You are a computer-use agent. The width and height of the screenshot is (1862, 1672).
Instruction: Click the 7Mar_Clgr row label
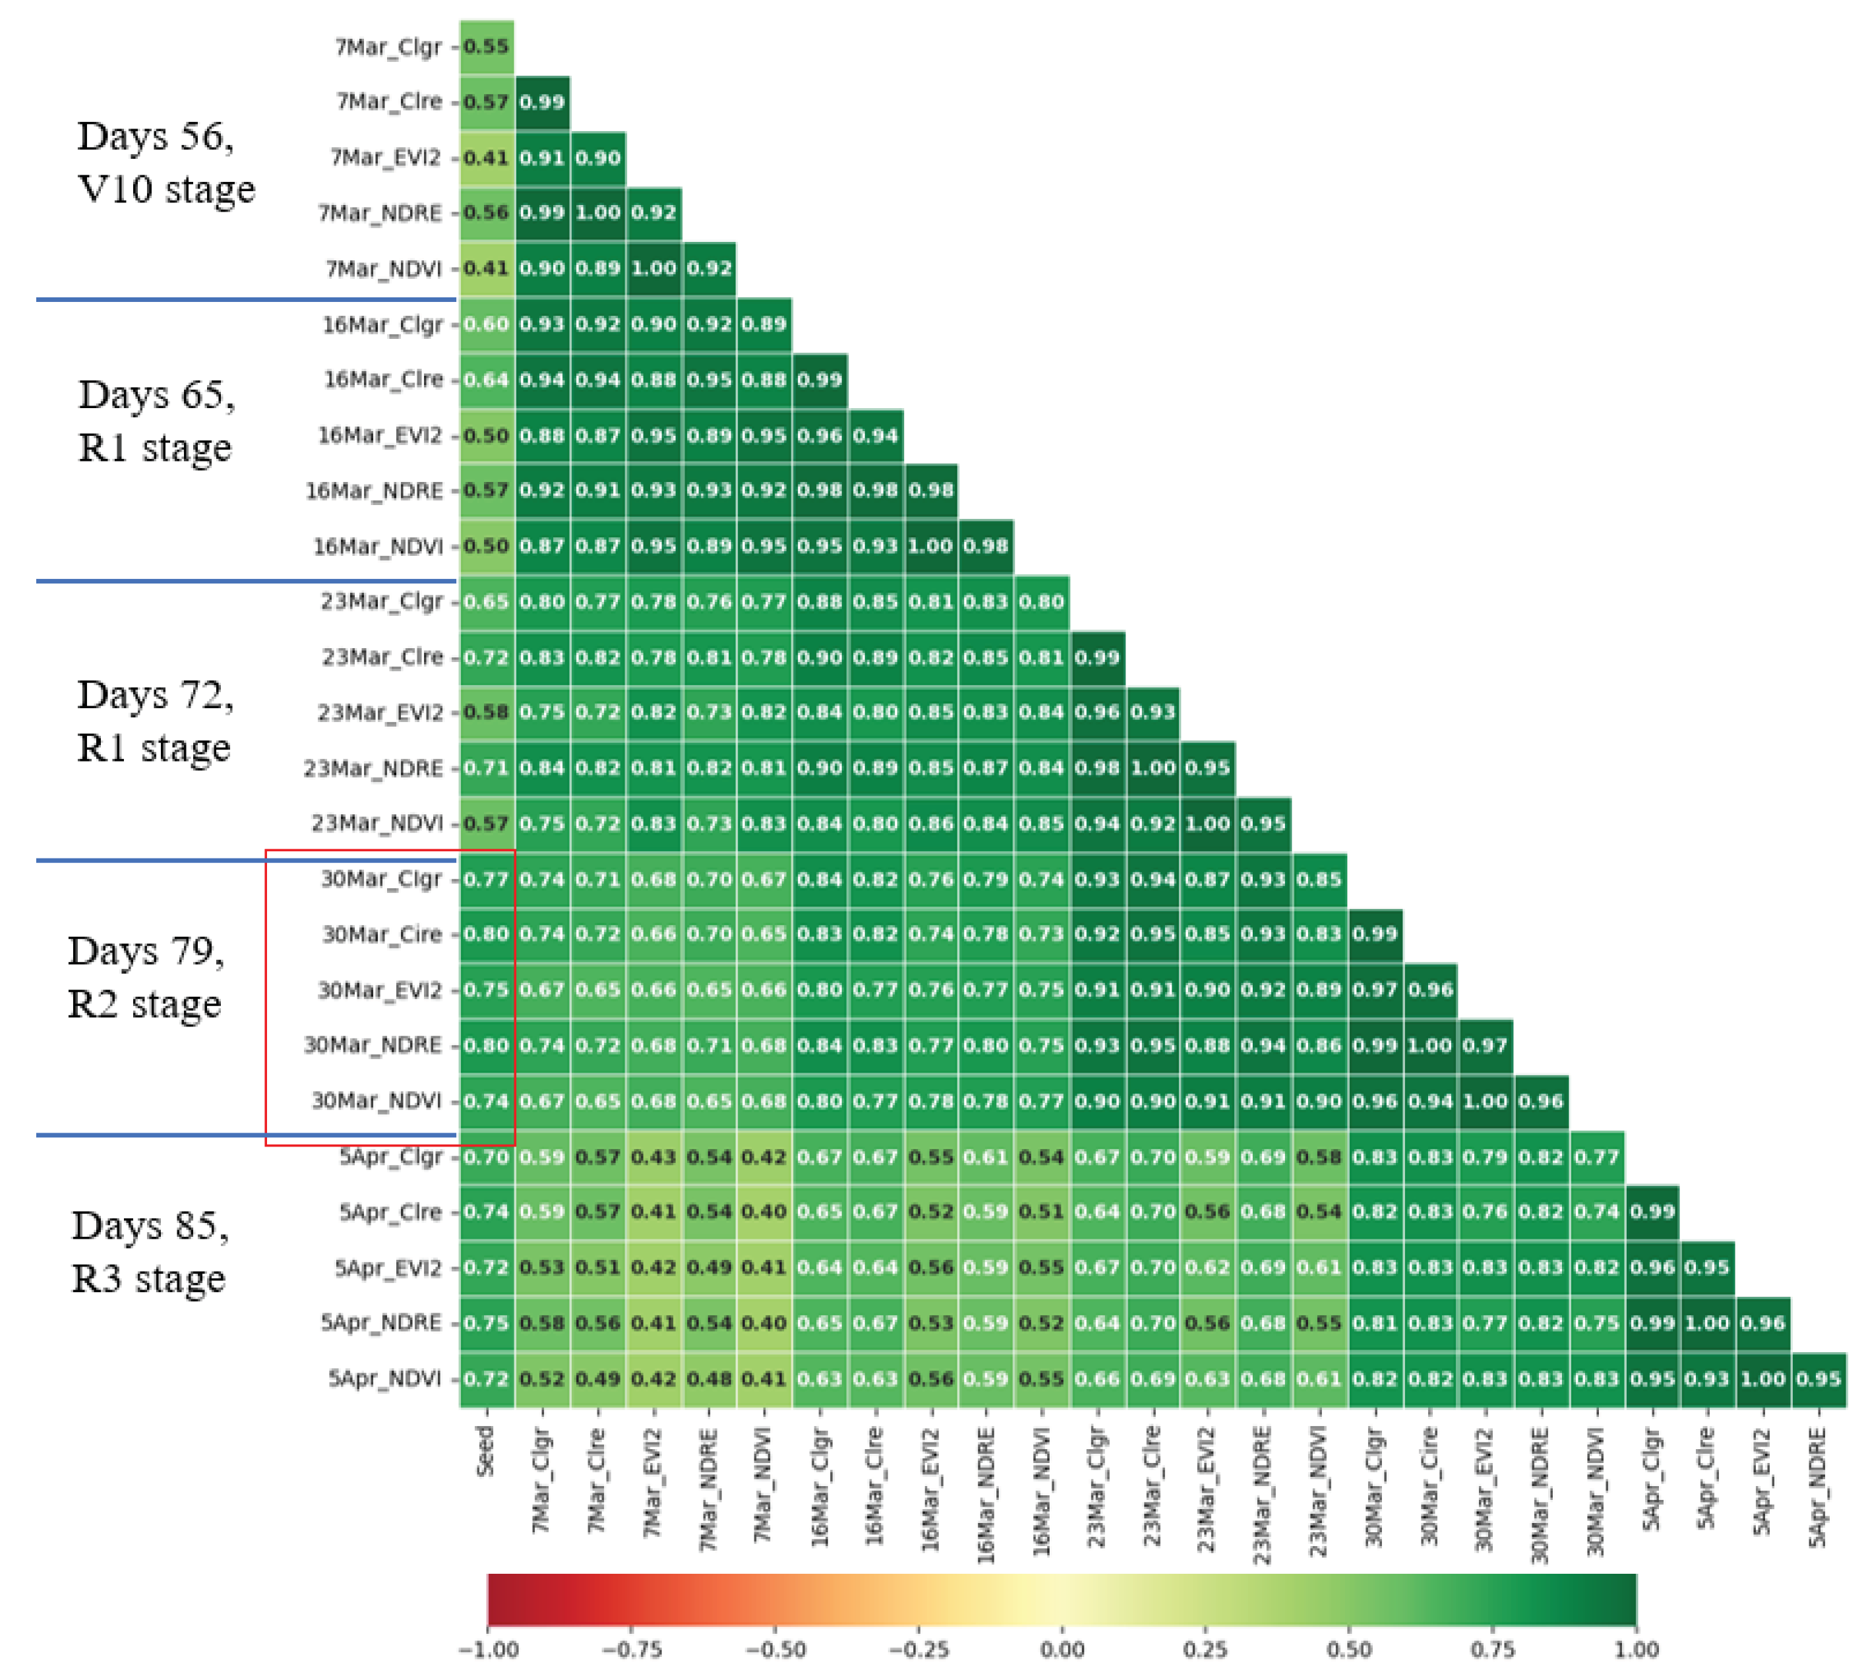point(388,47)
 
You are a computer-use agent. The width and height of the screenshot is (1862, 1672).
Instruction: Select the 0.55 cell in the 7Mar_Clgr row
point(486,47)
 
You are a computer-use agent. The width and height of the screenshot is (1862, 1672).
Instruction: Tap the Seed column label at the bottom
point(485,1452)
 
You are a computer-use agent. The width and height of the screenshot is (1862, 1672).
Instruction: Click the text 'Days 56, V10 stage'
point(165,163)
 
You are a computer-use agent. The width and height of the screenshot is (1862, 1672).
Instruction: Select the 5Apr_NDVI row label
point(385,1378)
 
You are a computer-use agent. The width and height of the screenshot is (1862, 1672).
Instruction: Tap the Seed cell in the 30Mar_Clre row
point(486,934)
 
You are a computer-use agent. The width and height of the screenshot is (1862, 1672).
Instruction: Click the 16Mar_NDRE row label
point(374,491)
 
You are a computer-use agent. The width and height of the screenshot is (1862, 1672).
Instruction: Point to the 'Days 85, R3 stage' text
point(150,1251)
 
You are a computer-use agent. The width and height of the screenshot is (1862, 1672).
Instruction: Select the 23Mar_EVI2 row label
point(380,712)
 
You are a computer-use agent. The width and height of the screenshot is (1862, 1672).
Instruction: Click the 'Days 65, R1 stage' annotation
point(156,421)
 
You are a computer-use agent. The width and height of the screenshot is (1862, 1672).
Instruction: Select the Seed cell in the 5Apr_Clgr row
point(486,1156)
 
